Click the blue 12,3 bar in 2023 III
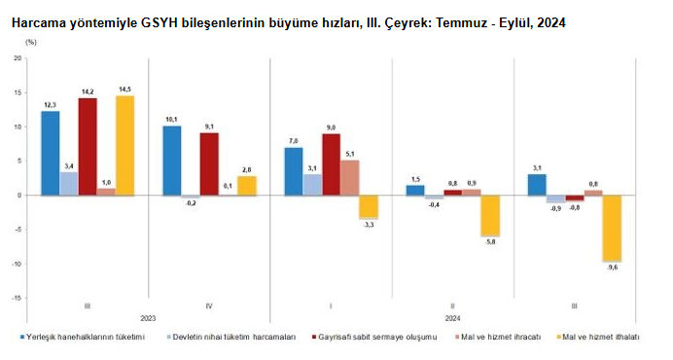pos(51,153)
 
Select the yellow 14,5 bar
pos(124,145)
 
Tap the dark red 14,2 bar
pos(88,146)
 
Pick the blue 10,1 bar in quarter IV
pos(171,161)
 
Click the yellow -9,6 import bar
pos(611,228)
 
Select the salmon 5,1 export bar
pos(350,177)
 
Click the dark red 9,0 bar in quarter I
pos(331,164)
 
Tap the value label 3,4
pos(69,165)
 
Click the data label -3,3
pos(369,225)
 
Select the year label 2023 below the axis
pos(148,318)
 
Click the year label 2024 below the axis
pos(452,318)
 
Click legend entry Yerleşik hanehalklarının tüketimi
pos(89,337)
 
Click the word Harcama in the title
pos(40,20)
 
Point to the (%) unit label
pos(30,43)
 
